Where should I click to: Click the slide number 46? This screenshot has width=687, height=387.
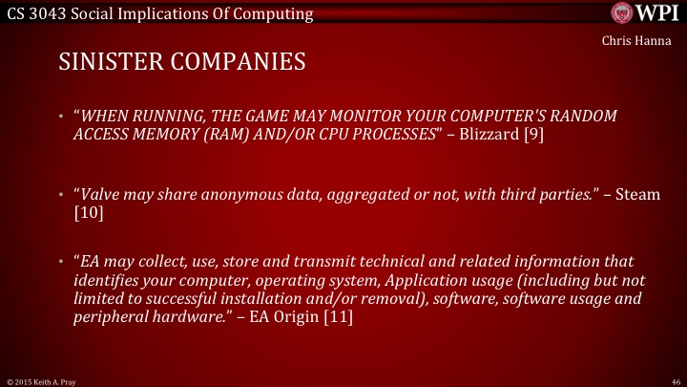coord(675,379)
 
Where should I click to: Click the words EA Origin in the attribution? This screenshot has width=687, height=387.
coord(285,317)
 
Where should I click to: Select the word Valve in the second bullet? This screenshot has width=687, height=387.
coord(100,193)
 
